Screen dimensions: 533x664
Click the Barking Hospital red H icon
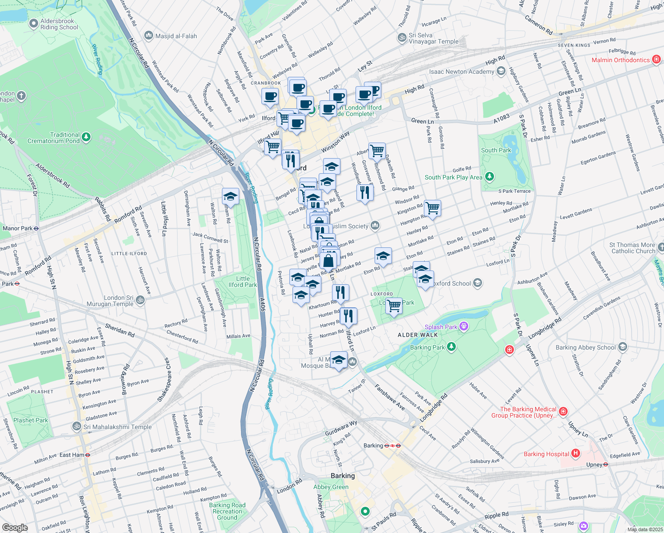point(576,453)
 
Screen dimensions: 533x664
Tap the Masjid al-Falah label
point(176,36)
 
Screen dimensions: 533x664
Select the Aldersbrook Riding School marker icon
point(33,24)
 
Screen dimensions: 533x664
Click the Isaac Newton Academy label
point(461,72)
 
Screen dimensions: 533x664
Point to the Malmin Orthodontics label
point(620,60)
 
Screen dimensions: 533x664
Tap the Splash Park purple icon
point(464,327)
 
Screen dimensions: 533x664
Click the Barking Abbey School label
point(585,347)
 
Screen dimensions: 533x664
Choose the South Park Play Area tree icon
point(490,177)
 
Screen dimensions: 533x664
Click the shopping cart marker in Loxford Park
point(394,306)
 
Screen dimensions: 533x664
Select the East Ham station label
point(71,455)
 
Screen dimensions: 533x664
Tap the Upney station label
point(594,465)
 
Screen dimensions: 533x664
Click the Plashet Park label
point(31,420)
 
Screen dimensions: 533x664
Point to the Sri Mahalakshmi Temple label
point(118,427)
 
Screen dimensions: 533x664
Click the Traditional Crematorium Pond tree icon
point(86,137)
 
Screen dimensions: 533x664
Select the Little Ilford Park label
point(242,282)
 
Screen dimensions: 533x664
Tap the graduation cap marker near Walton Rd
point(230,196)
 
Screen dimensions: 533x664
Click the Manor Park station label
point(17,228)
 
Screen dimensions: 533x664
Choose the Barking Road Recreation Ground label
point(227,511)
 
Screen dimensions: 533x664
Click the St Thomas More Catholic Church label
point(632,248)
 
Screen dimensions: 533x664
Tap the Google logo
point(15,528)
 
